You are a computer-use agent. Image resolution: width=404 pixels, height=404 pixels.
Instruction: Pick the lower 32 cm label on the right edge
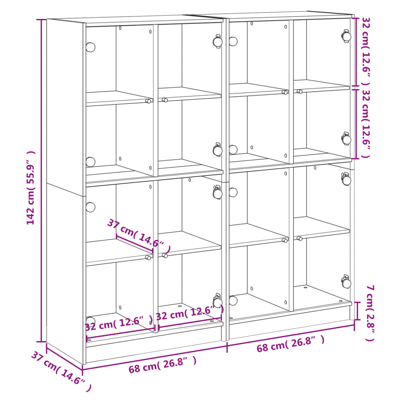(x=366, y=123)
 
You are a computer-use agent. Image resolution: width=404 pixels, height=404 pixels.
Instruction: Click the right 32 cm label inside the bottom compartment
(x=189, y=313)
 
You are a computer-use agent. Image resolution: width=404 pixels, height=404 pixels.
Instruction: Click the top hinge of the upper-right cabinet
(x=346, y=36)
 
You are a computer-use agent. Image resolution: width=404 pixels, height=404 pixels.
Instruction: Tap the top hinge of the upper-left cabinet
(x=217, y=41)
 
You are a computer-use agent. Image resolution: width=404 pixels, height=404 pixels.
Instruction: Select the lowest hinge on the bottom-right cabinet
(x=346, y=282)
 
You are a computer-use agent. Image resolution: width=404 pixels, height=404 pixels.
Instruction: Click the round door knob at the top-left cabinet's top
(x=90, y=47)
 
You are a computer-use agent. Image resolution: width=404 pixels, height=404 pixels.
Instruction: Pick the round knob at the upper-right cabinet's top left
(x=233, y=41)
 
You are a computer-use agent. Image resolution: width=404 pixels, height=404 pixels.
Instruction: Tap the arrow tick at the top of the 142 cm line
(x=41, y=19)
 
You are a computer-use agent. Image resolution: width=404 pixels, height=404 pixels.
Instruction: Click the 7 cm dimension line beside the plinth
(x=357, y=310)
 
